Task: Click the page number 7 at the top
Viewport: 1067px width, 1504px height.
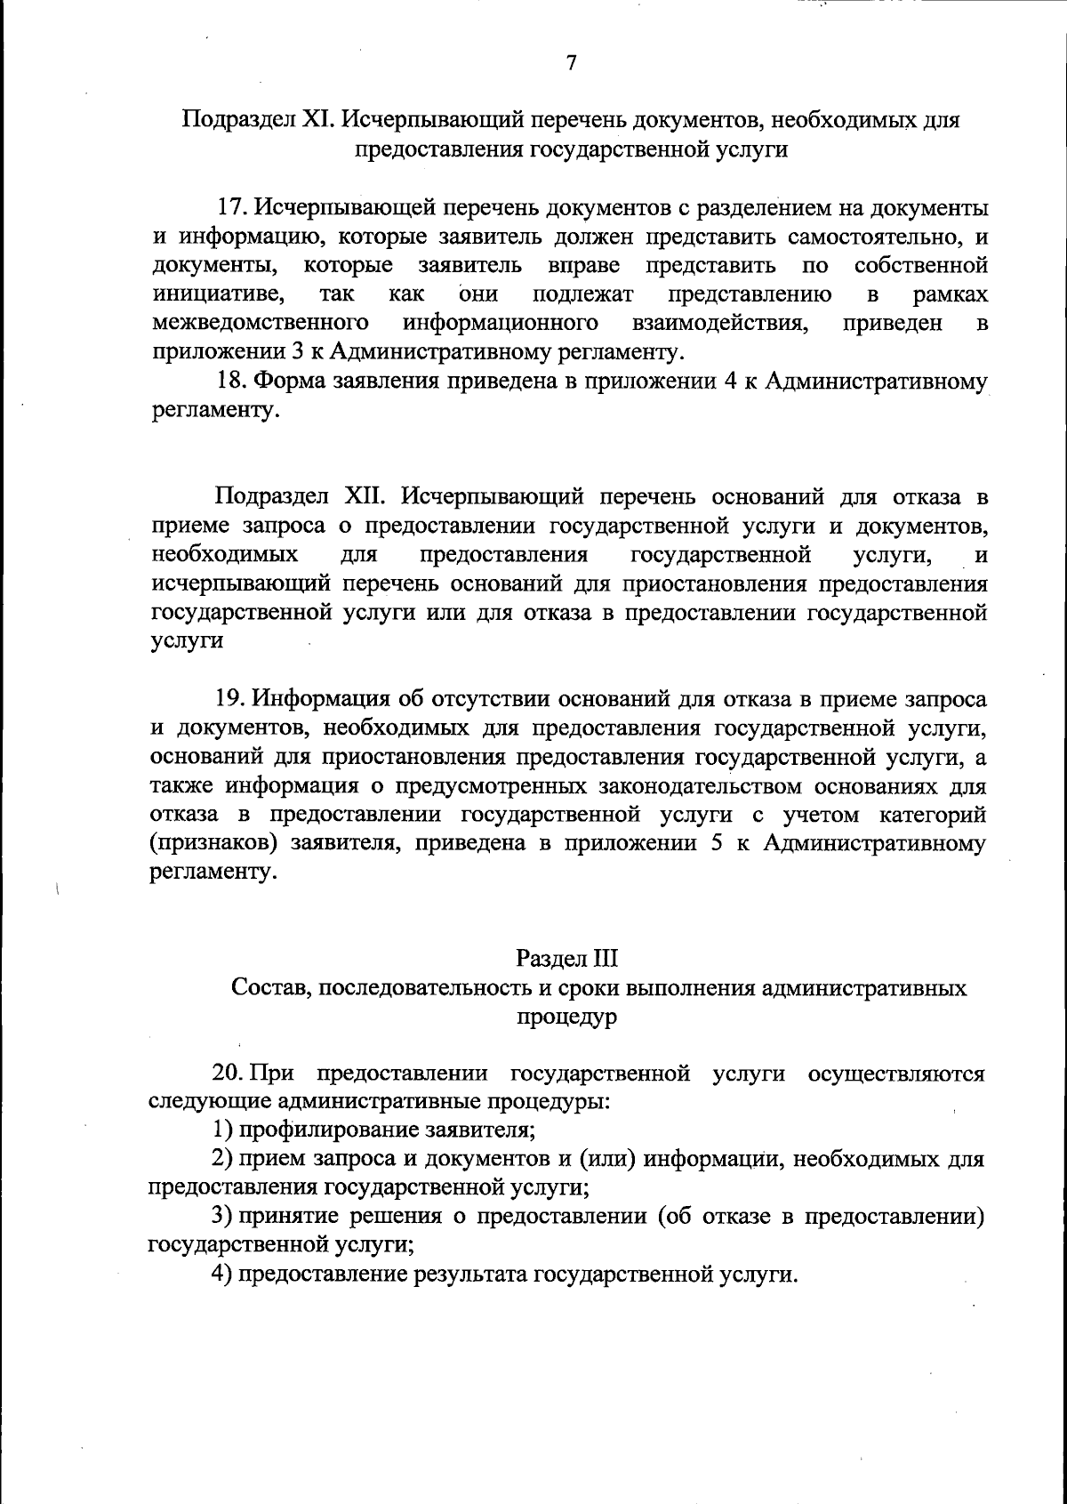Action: coord(571,63)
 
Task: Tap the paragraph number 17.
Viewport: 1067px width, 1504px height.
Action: coord(233,208)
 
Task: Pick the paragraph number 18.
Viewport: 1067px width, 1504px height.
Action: coord(233,382)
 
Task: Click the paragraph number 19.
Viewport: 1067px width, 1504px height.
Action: coord(233,700)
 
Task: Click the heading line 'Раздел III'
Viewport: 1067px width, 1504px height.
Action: coord(566,959)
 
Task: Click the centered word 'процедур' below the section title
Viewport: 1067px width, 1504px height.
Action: coord(566,1017)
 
